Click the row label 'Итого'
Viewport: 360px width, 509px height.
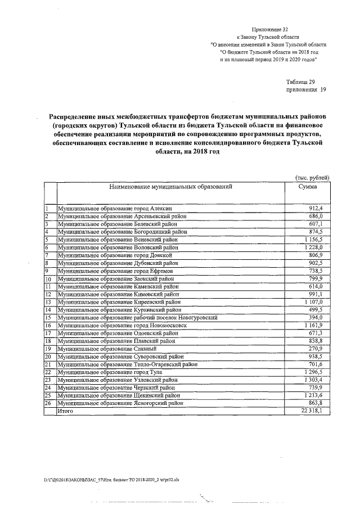coord(66,411)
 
